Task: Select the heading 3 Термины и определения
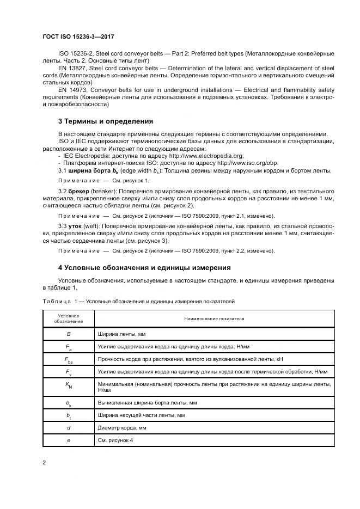point(105,120)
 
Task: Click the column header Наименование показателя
point(214,318)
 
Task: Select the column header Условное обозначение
point(68,318)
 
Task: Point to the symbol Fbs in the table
point(69,360)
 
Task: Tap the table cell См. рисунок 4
point(115,440)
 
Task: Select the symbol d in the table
point(69,428)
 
